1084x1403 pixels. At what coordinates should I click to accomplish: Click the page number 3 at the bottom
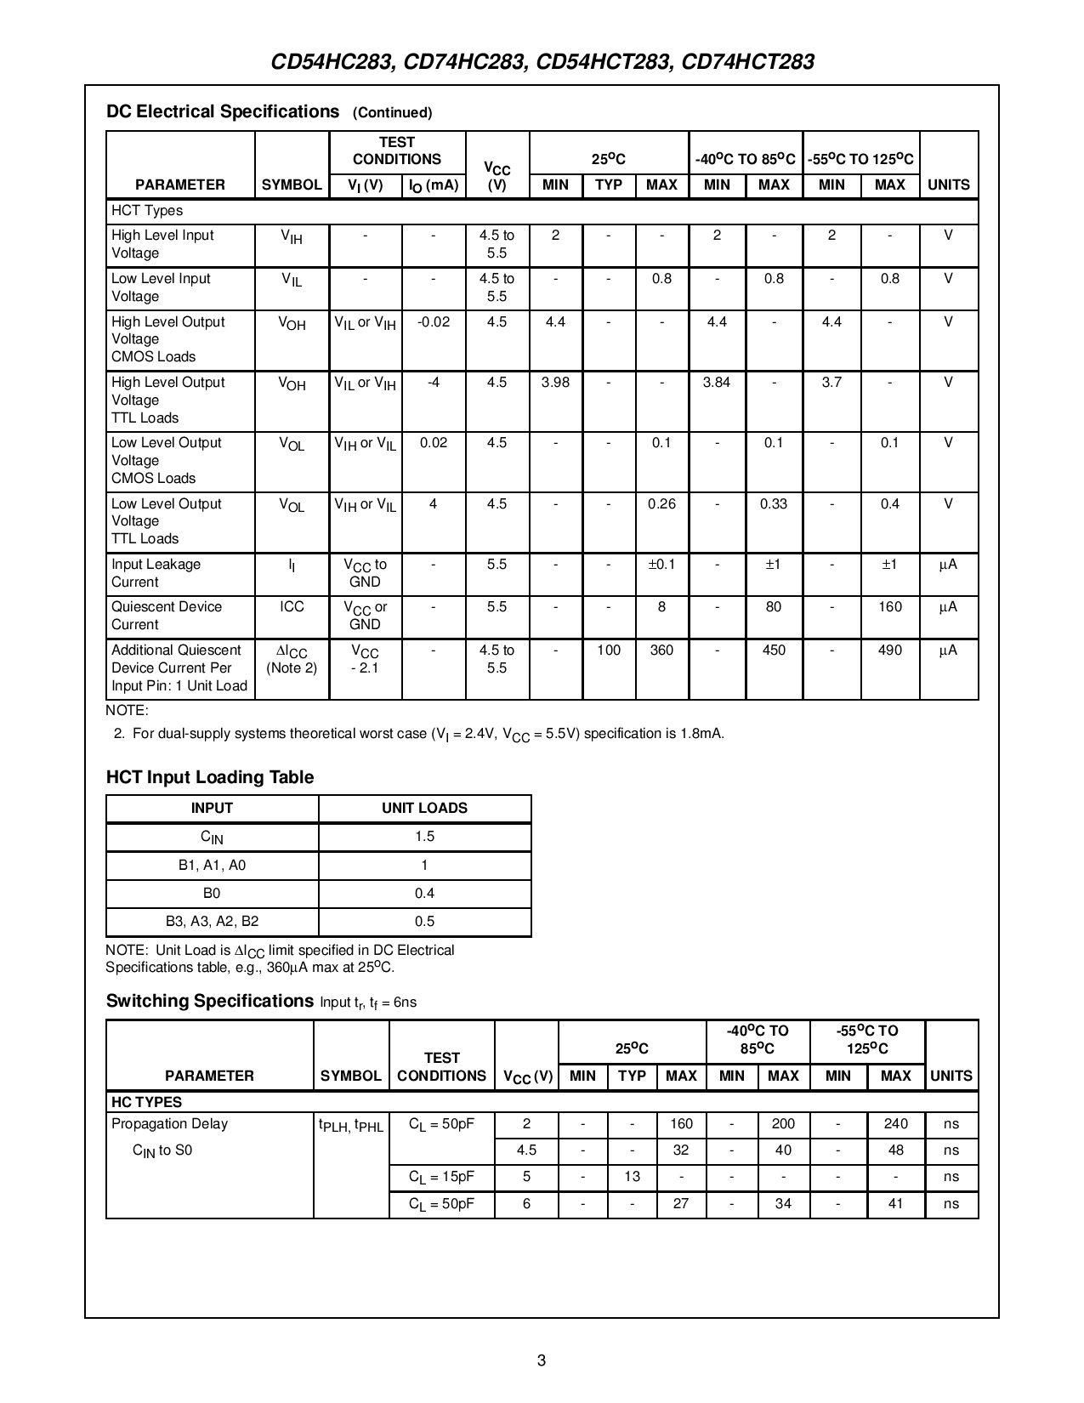click(x=542, y=1360)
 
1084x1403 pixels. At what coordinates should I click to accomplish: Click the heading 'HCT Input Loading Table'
click(x=210, y=777)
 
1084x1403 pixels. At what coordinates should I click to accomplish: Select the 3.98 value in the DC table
click(x=555, y=383)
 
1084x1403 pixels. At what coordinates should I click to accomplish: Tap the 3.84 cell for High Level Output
click(x=717, y=383)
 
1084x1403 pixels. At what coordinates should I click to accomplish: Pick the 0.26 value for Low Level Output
click(x=661, y=504)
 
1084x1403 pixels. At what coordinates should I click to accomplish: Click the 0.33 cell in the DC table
click(x=773, y=504)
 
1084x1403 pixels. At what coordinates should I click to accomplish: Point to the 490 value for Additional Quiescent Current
click(x=889, y=650)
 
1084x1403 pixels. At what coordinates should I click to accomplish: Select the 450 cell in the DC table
click(x=773, y=650)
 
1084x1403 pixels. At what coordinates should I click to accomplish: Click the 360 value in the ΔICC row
click(x=661, y=650)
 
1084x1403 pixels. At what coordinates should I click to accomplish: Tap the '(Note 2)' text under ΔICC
click(x=292, y=668)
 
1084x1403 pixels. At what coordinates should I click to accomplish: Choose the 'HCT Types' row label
click(x=147, y=211)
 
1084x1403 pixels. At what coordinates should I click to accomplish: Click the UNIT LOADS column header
click(x=424, y=809)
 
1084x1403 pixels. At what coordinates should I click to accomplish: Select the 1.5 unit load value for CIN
click(x=424, y=837)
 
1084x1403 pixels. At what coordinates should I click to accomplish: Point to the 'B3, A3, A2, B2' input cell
click(x=212, y=922)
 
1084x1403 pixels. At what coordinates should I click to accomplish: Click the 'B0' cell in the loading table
click(x=212, y=894)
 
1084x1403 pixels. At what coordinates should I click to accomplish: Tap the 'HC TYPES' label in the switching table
click(x=147, y=1102)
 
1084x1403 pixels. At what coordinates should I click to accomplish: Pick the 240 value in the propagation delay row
click(x=895, y=1124)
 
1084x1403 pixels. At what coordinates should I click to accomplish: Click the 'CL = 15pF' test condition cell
click(x=441, y=1178)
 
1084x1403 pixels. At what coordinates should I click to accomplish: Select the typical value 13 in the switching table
click(x=632, y=1178)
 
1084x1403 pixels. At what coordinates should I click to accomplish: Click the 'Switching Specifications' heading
click(x=210, y=1001)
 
